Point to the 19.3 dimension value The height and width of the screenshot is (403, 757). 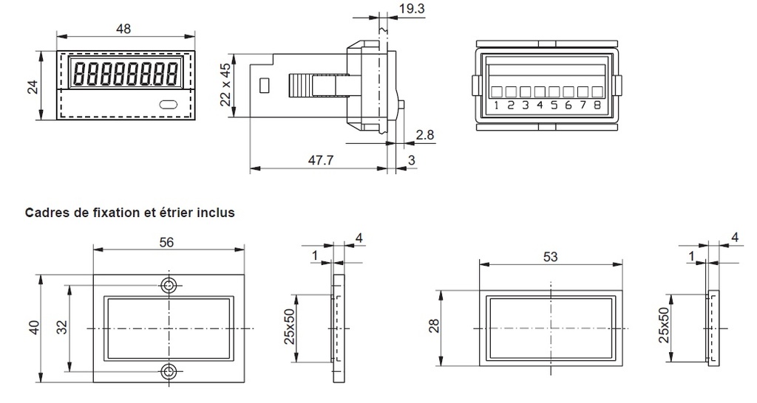(x=410, y=10)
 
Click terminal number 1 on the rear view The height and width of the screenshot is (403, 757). (x=497, y=106)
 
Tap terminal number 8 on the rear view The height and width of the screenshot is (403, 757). (x=597, y=106)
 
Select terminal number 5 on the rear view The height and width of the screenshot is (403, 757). (x=554, y=106)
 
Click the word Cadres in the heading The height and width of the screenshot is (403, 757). (x=45, y=213)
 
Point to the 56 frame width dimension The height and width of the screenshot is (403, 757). (x=167, y=243)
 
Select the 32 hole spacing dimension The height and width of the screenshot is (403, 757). (x=63, y=328)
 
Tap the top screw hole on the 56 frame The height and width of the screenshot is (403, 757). (x=169, y=286)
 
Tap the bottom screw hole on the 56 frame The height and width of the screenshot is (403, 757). (x=169, y=371)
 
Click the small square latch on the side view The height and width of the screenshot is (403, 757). (x=264, y=86)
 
